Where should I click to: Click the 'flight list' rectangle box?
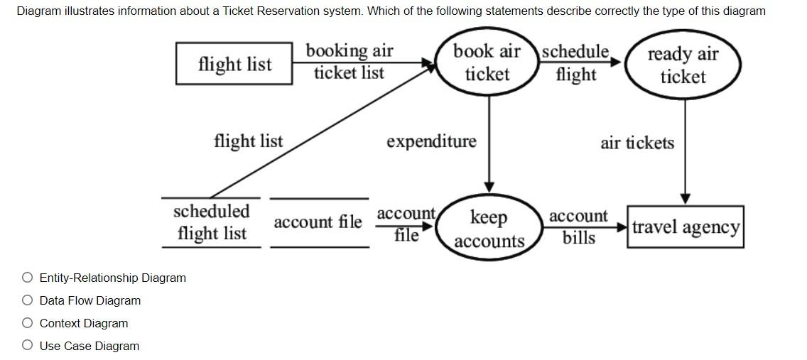click(x=234, y=64)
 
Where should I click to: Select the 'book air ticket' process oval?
click(x=487, y=62)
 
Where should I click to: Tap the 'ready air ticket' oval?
click(x=683, y=65)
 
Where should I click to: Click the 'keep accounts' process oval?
click(x=489, y=229)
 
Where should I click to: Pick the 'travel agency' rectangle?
click(x=686, y=227)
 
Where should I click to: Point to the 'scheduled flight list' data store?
click(x=211, y=222)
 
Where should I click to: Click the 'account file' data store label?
click(x=318, y=222)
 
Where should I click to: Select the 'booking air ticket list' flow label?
click(x=349, y=62)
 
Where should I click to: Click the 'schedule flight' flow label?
click(x=575, y=62)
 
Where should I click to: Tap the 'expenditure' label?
click(x=431, y=141)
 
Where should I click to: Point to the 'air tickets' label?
click(x=637, y=143)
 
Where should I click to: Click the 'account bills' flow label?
click(x=579, y=227)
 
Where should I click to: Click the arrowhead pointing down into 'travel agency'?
click(x=685, y=198)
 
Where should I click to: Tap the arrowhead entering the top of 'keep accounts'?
click(x=489, y=186)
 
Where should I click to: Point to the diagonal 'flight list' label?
click(x=248, y=141)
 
